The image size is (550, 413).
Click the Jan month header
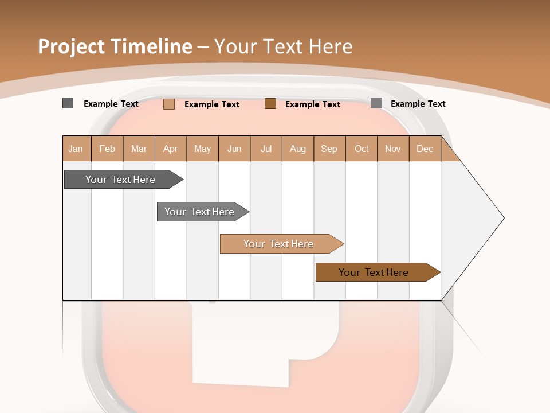(76, 149)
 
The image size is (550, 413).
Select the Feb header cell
(107, 149)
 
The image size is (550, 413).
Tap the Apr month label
(171, 149)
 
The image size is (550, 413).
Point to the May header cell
(202, 149)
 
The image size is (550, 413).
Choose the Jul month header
(266, 149)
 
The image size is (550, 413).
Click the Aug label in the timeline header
(298, 149)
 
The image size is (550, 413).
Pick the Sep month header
(329, 149)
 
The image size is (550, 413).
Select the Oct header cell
(362, 149)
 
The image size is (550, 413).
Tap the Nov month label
(393, 149)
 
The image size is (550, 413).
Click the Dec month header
(425, 149)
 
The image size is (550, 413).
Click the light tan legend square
(169, 104)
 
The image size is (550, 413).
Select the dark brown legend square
(270, 104)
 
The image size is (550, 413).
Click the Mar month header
(139, 149)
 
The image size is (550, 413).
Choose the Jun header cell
(234, 149)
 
